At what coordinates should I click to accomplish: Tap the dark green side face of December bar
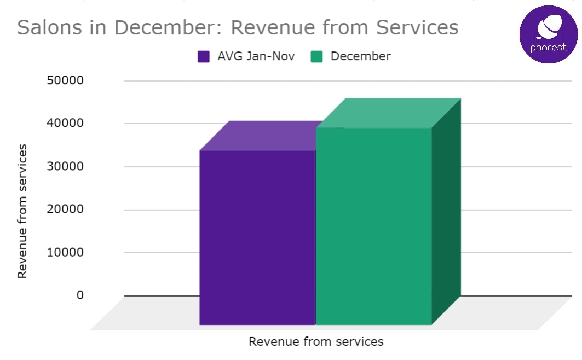446,213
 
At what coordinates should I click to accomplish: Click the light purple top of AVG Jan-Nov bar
263,136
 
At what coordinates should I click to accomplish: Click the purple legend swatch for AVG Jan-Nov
204,56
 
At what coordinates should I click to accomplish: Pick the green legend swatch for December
317,56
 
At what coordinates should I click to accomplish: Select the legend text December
360,56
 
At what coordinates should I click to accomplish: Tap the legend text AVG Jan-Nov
256,56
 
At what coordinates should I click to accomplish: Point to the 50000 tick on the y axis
65,80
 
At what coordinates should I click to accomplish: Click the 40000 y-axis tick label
65,123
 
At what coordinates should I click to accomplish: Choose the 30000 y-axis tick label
65,166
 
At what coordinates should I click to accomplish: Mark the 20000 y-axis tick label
65,209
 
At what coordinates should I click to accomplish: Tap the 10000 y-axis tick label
65,252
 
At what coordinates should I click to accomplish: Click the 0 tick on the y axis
80,295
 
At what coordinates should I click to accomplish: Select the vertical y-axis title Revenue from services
22,211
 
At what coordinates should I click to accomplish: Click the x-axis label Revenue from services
316,342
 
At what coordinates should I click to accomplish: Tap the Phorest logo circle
548,34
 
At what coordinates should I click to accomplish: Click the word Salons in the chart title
46,27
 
